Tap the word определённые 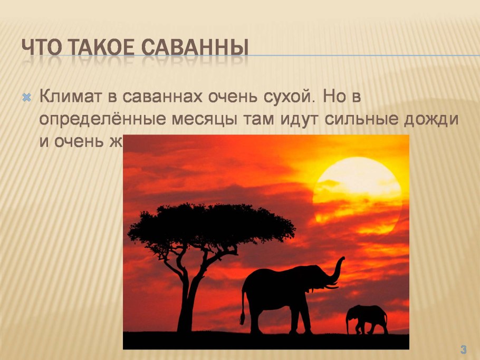[x=103, y=120]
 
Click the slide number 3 [x=463, y=348]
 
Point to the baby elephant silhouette [x=367, y=318]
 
